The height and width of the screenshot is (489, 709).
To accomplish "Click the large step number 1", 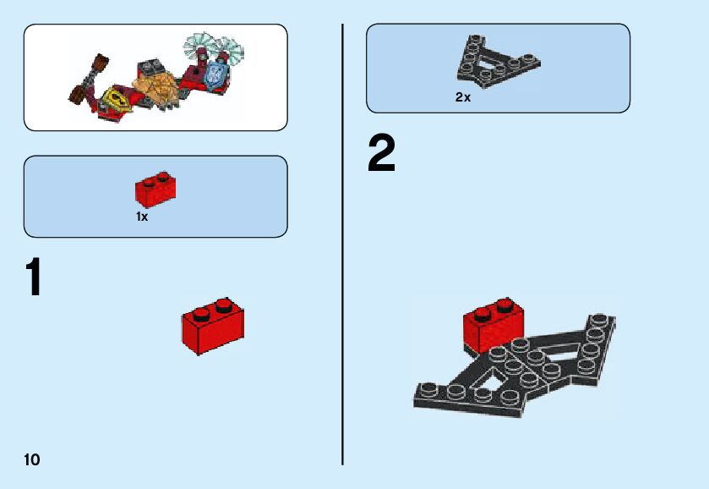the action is click(x=34, y=277).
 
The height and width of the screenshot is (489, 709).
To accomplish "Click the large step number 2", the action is click(x=381, y=156).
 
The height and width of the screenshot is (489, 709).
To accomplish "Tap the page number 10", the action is click(x=32, y=459).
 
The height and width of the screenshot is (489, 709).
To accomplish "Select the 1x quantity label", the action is click(x=142, y=217).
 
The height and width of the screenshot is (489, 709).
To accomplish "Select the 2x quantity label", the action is click(x=462, y=97).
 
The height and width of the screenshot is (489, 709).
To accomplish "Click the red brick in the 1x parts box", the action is click(x=155, y=190).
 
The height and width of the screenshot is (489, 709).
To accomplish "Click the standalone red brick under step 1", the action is click(x=213, y=326).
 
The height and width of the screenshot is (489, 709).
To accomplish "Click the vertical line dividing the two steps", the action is click(x=342, y=244).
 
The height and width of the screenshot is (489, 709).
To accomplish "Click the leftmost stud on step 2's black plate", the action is click(x=425, y=388).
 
